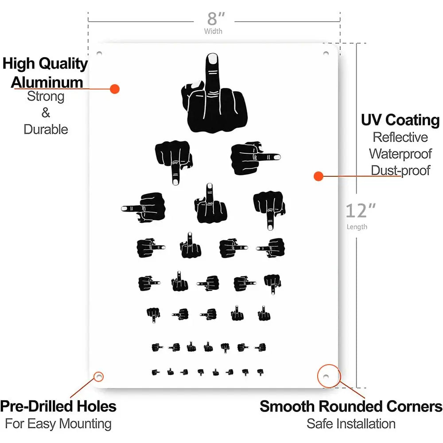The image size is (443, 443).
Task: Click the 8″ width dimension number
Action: [216, 19]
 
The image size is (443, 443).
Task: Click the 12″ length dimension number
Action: [361, 211]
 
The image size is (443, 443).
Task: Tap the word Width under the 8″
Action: [214, 31]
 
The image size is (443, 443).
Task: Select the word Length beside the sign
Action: [357, 227]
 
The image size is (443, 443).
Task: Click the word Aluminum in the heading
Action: [47, 82]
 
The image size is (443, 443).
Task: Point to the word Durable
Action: [46, 129]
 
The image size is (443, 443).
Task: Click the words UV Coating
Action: [400, 120]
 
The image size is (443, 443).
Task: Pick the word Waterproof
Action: [400, 154]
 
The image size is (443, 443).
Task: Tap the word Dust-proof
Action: [400, 171]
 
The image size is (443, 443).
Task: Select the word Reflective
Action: [400, 137]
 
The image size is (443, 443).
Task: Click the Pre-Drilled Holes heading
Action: [58, 406]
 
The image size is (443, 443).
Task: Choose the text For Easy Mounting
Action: [58, 424]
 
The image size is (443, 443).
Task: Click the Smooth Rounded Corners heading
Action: [351, 406]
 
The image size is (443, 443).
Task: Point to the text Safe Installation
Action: [351, 424]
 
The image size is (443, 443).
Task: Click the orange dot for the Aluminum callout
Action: [115, 89]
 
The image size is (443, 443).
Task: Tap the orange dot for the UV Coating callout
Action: [319, 176]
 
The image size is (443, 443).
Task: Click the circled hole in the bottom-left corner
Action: [99, 377]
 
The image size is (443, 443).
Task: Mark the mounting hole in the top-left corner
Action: [99, 54]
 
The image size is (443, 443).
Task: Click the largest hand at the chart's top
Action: [214, 93]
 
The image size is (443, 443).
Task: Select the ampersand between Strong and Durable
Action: [46, 113]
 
